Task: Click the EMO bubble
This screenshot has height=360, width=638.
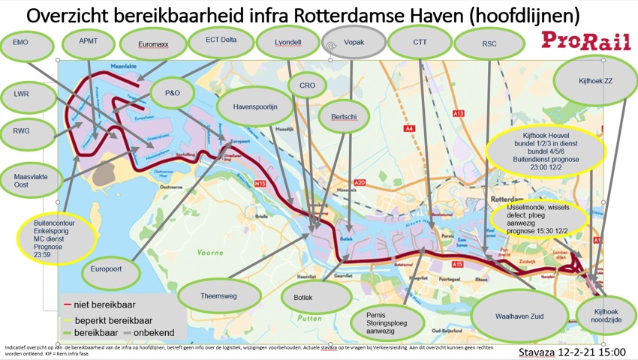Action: tap(22, 43)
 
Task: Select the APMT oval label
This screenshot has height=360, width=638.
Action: tap(89, 43)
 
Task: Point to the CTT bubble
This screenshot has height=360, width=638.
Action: tap(420, 43)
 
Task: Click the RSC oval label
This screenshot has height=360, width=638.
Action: tap(489, 44)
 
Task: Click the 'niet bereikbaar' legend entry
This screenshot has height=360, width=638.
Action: tap(98, 306)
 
